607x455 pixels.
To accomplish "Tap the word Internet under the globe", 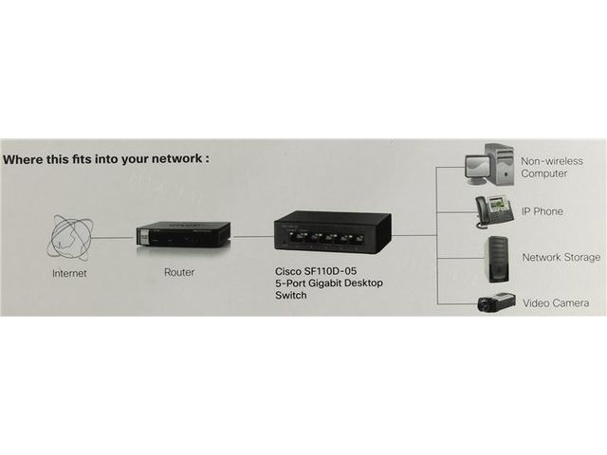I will pyautogui.click(x=69, y=273).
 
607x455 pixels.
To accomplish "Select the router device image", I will pyautogui.click(x=183, y=237).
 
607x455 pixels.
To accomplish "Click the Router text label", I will pyautogui.click(x=179, y=272).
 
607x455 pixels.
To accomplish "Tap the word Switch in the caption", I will pyautogui.click(x=291, y=296).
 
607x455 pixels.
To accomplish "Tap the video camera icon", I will pyautogui.click(x=495, y=301).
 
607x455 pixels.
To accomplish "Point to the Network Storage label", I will pyautogui.click(x=561, y=257).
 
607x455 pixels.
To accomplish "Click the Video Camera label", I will pyautogui.click(x=557, y=303).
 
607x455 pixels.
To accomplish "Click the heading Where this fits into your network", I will pyautogui.click(x=105, y=159).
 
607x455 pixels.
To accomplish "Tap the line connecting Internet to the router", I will pyautogui.click(x=115, y=238).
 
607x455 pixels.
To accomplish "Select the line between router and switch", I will pyautogui.click(x=252, y=237).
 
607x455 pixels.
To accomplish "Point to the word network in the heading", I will pyautogui.click(x=175, y=159).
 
